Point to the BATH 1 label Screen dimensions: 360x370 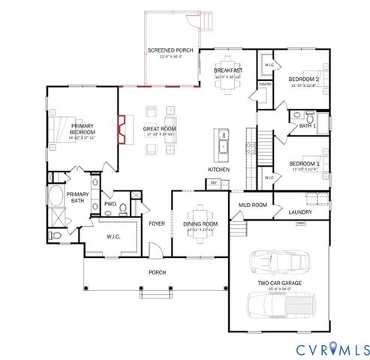coord(307,126)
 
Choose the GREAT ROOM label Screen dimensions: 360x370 coord(160,129)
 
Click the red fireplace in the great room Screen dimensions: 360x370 coord(120,127)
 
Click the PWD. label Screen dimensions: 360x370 coord(110,203)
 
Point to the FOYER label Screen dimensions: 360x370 coord(156,223)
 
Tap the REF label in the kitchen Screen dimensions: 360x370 coord(213,182)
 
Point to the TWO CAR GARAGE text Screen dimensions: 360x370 coord(279,284)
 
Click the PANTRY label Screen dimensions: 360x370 coord(265,85)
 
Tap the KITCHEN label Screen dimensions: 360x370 coord(218,169)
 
